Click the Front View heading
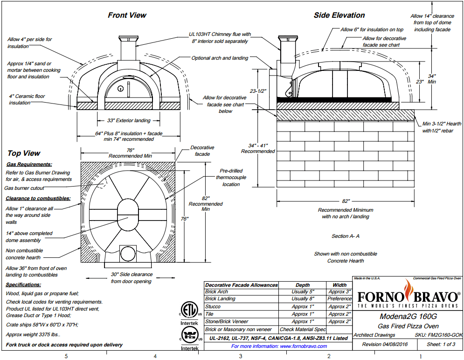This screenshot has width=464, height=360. pyautogui.click(x=127, y=15)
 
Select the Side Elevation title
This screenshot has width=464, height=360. pyautogui.click(x=339, y=15)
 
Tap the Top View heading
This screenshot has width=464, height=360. pyautogui.click(x=24, y=153)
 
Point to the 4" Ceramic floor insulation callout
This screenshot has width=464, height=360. pyautogui.click(x=27, y=99)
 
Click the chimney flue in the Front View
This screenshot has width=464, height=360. pyautogui.click(x=127, y=49)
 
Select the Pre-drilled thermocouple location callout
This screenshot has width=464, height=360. pyautogui.click(x=231, y=177)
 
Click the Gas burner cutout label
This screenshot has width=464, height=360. pyautogui.click(x=24, y=188)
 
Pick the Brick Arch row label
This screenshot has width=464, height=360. pyautogui.click(x=217, y=291)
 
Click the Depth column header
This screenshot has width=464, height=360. pyautogui.click(x=302, y=284)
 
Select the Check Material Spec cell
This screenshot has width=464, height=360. pyautogui.click(x=302, y=329)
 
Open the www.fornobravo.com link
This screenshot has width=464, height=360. pyautogui.click(x=279, y=346)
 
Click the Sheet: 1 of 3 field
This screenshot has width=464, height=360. pyautogui.click(x=442, y=345)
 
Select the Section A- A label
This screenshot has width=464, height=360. pyautogui.click(x=345, y=236)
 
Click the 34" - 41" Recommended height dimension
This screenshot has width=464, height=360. pyautogui.click(x=258, y=148)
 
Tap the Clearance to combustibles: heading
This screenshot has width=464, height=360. pyautogui.click(x=38, y=198)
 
